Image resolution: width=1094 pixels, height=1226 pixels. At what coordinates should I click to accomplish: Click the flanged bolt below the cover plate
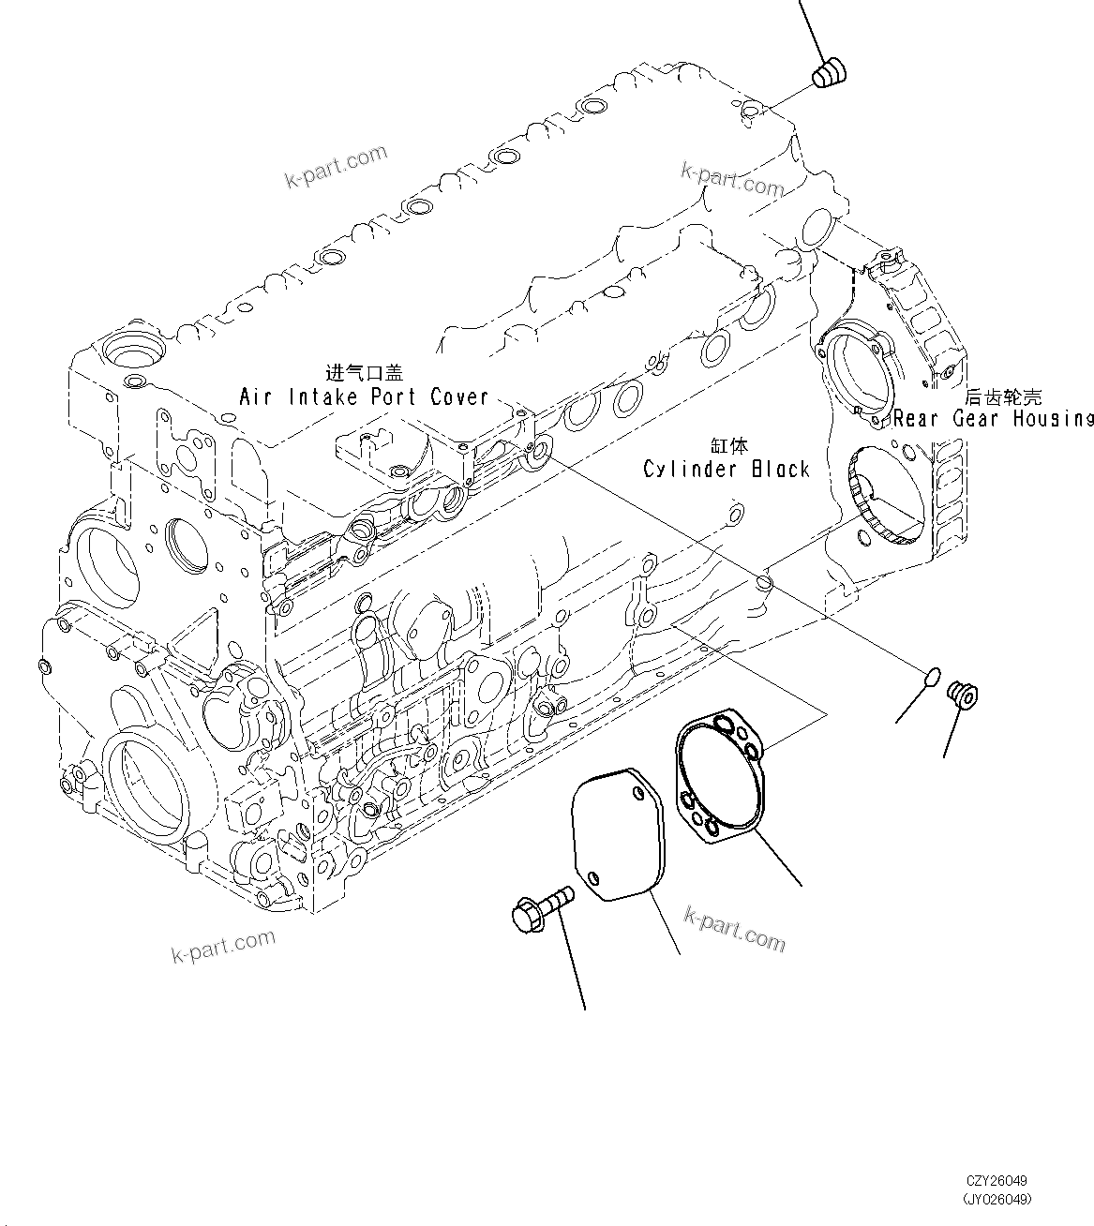pyautogui.click(x=540, y=905)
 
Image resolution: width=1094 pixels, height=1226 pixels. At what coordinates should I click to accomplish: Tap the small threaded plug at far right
pyautogui.click(x=962, y=695)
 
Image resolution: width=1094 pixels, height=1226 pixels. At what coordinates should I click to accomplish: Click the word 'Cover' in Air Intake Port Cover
pyautogui.click(x=459, y=396)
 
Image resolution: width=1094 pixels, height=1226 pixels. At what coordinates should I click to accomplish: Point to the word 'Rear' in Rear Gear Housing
pyautogui.click(x=918, y=418)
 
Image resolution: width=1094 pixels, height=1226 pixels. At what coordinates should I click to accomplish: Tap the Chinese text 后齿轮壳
pyautogui.click(x=1003, y=396)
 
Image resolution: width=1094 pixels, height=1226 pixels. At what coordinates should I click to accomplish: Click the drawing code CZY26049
pyautogui.click(x=997, y=1183)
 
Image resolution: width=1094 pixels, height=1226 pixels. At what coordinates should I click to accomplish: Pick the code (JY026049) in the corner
pyautogui.click(x=997, y=1199)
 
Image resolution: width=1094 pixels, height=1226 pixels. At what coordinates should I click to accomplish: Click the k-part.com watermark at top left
pyautogui.click(x=337, y=166)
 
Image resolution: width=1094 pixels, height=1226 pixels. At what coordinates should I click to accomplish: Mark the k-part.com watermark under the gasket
pyautogui.click(x=735, y=928)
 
